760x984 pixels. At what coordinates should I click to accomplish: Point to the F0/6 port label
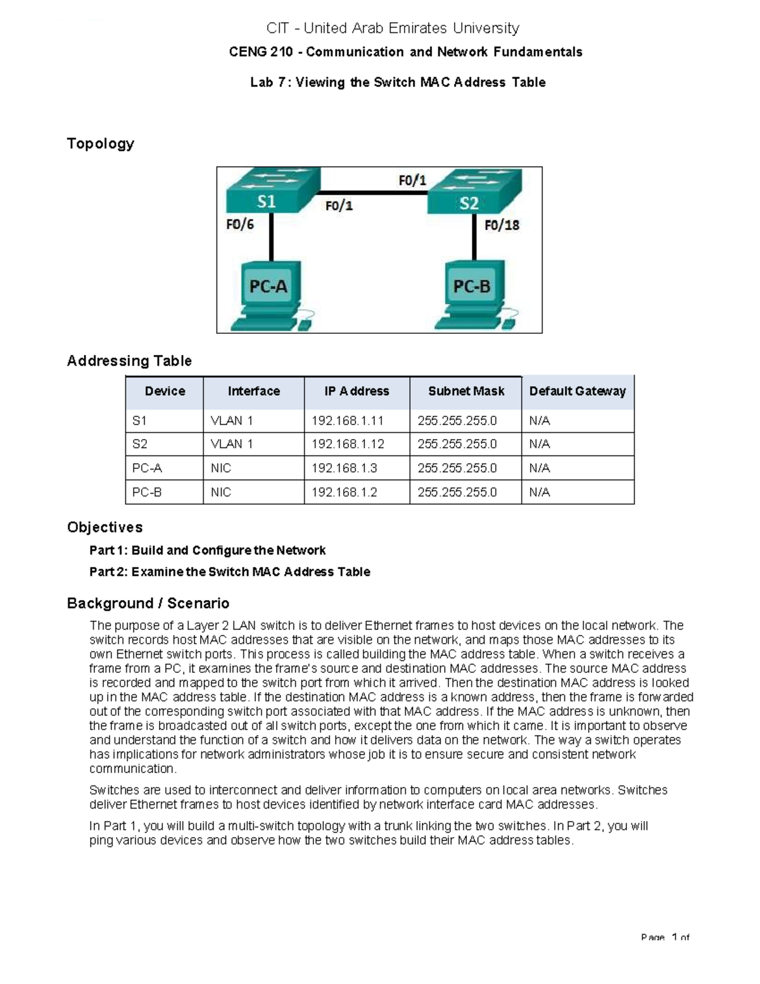[x=240, y=224]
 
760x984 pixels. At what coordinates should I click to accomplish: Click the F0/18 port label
[x=502, y=225]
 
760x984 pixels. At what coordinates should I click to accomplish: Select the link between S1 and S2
[x=374, y=193]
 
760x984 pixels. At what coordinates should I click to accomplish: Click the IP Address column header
[x=357, y=392]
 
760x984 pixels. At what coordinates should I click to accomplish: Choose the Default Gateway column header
[x=577, y=392]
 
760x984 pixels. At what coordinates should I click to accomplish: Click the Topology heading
[x=101, y=144]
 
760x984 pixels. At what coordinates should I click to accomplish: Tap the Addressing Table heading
[x=129, y=361]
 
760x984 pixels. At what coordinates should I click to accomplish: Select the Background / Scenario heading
[x=148, y=603]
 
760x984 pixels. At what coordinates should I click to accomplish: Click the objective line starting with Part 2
[x=229, y=572]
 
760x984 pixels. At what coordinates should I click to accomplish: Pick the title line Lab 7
[x=398, y=82]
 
